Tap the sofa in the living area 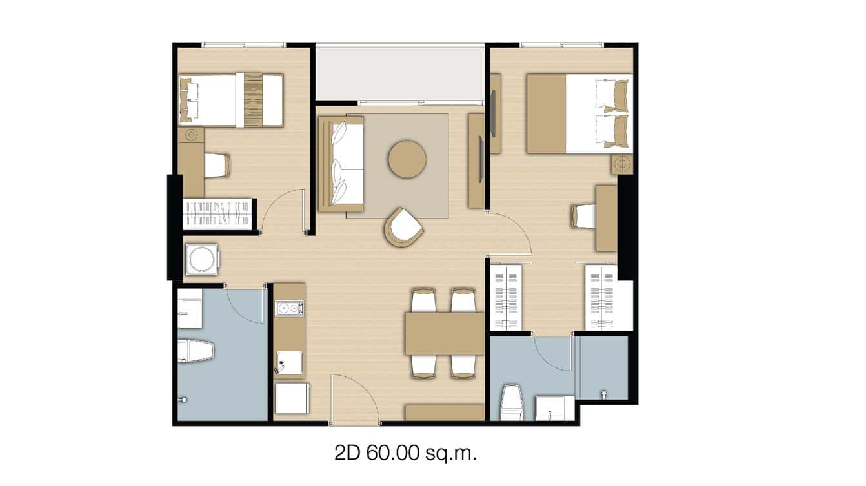pyautogui.click(x=341, y=164)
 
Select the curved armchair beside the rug pyautogui.click(x=405, y=228)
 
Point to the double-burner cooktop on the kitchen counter pyautogui.click(x=288, y=309)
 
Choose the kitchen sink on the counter pyautogui.click(x=288, y=364)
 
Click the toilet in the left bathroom pyautogui.click(x=195, y=351)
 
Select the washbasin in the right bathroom pyautogui.click(x=554, y=408)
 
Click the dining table pyautogui.click(x=444, y=333)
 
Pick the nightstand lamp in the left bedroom pyautogui.click(x=191, y=135)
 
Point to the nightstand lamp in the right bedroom pyautogui.click(x=622, y=164)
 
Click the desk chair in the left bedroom pyautogui.click(x=216, y=165)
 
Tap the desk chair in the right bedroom pyautogui.click(x=584, y=216)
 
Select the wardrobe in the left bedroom pyautogui.click(x=217, y=213)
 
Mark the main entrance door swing pyautogui.click(x=354, y=400)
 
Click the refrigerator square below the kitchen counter pyautogui.click(x=292, y=398)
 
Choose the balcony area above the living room pyautogui.click(x=400, y=72)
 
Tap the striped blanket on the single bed pyautogui.click(x=253, y=100)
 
